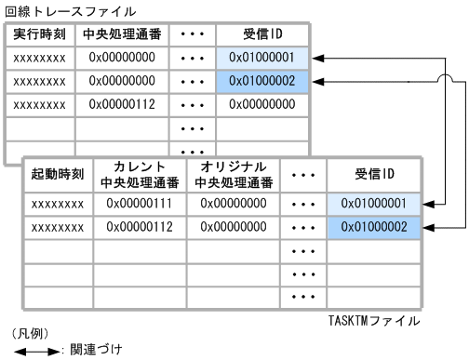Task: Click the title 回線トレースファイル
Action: [57, 11]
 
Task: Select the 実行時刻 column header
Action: [40, 35]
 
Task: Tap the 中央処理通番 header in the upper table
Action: [123, 35]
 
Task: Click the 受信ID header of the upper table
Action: [262, 35]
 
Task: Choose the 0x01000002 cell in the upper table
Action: [262, 82]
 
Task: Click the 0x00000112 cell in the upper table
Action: [123, 105]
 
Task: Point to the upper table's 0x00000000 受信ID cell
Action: [262, 105]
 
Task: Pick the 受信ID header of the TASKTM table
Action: [374, 174]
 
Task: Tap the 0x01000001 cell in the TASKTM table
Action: [374, 203]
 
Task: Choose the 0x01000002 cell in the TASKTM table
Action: [374, 227]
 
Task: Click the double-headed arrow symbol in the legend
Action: [36, 351]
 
